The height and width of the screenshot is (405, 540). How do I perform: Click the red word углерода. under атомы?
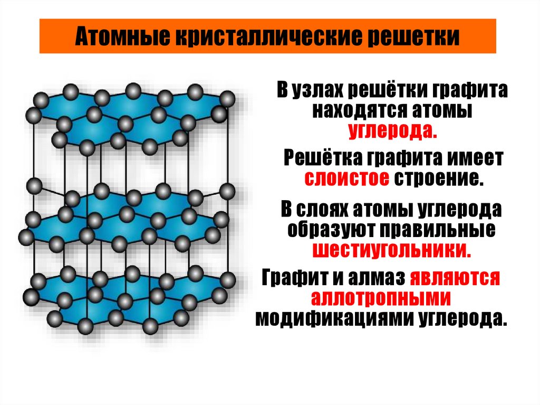[x=392, y=130]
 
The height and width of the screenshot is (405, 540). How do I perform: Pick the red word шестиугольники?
[x=392, y=249]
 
